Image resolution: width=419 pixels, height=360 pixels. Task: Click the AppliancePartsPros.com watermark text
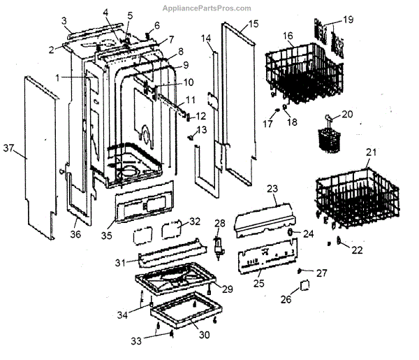207,8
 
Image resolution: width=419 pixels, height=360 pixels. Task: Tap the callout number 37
8,147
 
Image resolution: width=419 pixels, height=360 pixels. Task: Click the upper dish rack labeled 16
304,73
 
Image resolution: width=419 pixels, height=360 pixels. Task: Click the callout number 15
253,24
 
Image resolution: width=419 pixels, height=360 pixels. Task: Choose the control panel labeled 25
267,257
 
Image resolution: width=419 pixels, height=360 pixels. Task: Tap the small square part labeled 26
305,285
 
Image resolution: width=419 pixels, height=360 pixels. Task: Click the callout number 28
220,223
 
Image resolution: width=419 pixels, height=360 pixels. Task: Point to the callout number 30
204,335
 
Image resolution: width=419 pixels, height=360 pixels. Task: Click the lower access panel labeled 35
145,202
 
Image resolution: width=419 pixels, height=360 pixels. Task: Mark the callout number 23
272,189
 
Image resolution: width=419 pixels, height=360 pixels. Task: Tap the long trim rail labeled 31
172,252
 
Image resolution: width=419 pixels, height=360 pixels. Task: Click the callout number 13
202,130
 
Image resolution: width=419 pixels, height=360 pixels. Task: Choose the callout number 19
348,20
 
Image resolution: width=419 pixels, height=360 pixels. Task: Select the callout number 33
136,341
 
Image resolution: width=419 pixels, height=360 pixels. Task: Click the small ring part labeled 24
290,232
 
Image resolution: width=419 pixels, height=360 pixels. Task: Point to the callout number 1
57,78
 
